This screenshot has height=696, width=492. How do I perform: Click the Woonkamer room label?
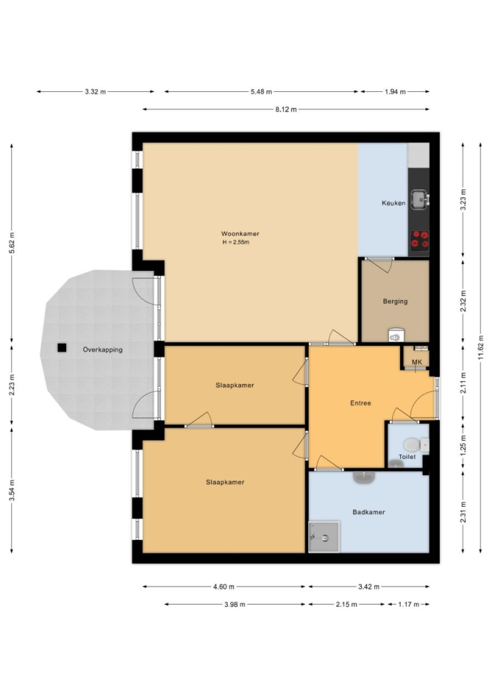tap(240, 234)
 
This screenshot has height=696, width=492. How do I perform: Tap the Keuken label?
tap(393, 203)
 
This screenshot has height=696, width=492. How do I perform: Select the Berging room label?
tap(395, 301)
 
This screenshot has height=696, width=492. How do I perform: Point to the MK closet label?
tap(416, 362)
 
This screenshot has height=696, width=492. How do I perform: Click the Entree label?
tap(361, 403)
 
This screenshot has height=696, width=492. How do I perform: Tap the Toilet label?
tap(408, 457)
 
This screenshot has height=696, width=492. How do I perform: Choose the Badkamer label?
tap(368, 512)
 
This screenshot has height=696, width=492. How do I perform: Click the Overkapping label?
tap(103, 350)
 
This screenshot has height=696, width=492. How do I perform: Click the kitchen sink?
tap(419, 199)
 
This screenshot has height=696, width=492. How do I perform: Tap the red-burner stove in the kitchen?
tap(419, 240)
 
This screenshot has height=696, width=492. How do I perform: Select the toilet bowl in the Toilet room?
tap(412, 445)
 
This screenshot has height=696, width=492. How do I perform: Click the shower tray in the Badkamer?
tap(324, 537)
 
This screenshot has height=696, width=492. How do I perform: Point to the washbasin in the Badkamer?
tap(364, 476)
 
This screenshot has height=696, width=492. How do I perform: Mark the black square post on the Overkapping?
tap(62, 348)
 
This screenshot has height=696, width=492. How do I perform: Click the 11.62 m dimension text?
tap(481, 348)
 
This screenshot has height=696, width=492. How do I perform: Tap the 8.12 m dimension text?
tap(286, 109)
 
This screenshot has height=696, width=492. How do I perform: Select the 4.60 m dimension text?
tap(223, 587)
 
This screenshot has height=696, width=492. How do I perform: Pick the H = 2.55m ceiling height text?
tap(236, 243)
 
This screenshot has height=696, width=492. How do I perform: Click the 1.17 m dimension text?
tap(408, 605)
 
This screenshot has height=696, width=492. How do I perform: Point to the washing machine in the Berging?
tap(395, 335)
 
